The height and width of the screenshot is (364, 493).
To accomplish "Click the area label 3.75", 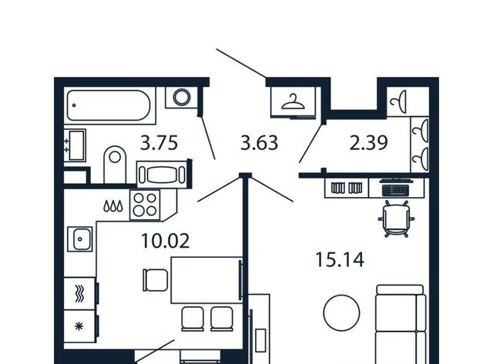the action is [x=159, y=142].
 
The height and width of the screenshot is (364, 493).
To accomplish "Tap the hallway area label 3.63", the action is [x=259, y=142].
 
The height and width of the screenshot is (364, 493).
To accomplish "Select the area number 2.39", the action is [x=368, y=142].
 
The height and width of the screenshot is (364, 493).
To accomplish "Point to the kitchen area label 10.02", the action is [x=166, y=241].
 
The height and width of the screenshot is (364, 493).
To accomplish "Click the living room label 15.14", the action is [x=340, y=260].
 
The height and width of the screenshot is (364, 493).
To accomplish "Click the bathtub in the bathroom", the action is [x=108, y=105].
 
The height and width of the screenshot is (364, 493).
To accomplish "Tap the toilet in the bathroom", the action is [x=115, y=164].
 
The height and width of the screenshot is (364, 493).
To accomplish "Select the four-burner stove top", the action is [x=145, y=205].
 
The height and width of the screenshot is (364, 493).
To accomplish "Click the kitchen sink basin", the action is [x=80, y=239].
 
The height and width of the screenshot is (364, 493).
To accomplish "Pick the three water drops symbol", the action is [x=113, y=206].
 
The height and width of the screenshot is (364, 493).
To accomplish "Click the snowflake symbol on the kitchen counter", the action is [x=79, y=326].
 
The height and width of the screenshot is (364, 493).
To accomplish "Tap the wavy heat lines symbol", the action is [x=79, y=294].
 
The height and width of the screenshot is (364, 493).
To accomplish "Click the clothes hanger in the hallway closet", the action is [x=293, y=102].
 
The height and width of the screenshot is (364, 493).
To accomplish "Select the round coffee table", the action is [x=341, y=312].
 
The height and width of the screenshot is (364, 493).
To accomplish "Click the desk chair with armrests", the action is [x=396, y=219].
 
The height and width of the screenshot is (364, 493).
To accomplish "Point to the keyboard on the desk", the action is [x=395, y=190].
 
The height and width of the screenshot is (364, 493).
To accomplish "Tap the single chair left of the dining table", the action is [x=155, y=280].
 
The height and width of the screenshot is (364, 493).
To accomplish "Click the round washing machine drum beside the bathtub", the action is [x=182, y=97].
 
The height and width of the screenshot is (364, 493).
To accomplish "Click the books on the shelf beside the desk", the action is [x=347, y=188].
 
